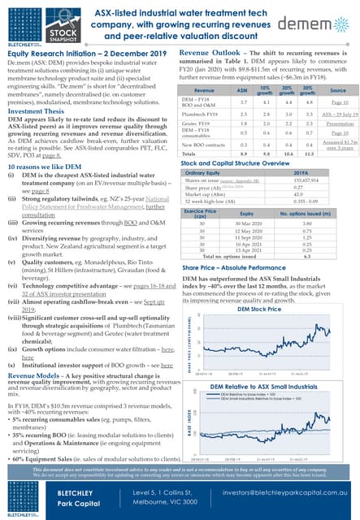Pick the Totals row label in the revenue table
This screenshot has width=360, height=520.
click(189, 153)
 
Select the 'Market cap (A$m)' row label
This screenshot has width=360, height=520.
click(203, 193)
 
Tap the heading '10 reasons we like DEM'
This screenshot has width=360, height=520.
click(45, 166)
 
